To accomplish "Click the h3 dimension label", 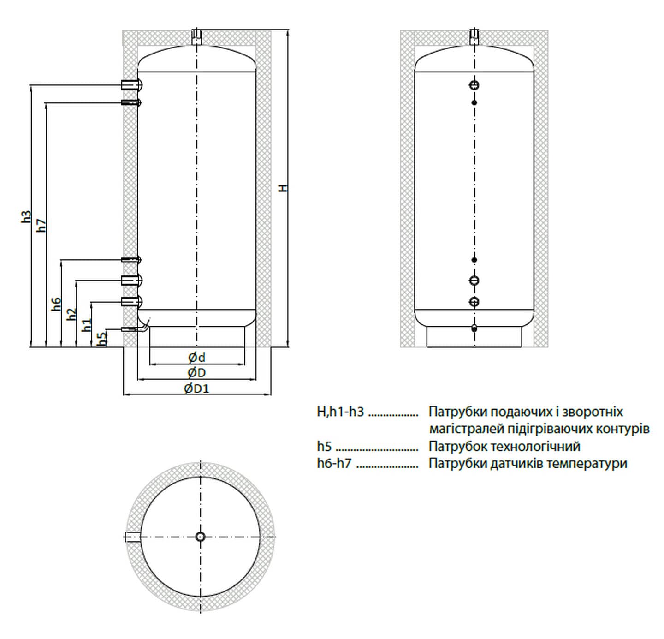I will coord(27,217).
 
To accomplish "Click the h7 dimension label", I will coord(42,225).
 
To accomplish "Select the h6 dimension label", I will coord(56,304).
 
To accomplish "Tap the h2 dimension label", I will coord(71,315).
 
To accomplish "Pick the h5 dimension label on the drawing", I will coord(102,337).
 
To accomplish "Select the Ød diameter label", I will coord(197,358).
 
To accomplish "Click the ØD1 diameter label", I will coord(196,388).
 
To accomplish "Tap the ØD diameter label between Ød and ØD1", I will coord(197,373).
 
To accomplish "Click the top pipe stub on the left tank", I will coord(197,36).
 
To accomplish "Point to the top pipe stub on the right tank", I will coord(474,36).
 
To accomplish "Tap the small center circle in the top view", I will coord(201,537).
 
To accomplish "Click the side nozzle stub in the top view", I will coord(133,537).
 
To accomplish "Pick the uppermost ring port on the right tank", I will coord(474,85).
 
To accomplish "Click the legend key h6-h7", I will coord(334,464).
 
